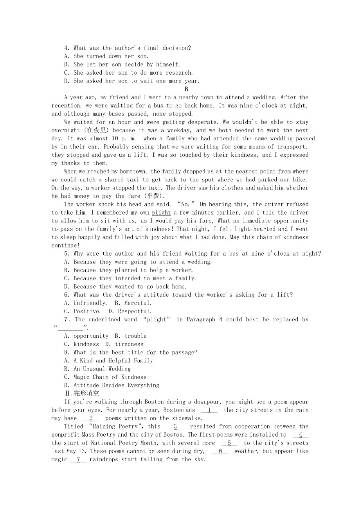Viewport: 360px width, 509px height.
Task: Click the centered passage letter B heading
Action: tap(186, 89)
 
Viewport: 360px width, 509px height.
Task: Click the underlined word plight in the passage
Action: tap(161, 213)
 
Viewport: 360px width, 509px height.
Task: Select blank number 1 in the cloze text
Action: tap(209, 410)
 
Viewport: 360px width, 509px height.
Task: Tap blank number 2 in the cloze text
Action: tap(91, 418)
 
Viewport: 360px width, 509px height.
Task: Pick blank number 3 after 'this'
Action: tap(175, 427)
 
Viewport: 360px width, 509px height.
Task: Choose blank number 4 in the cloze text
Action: tap(300, 435)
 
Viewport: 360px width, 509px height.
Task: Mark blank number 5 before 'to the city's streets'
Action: tap(229, 443)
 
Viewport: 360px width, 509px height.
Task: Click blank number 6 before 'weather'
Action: tap(220, 451)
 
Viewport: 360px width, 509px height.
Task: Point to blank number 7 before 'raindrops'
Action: tap(78, 459)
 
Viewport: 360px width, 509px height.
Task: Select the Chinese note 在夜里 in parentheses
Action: tap(96, 130)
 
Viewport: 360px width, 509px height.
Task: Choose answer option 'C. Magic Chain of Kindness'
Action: tap(105, 377)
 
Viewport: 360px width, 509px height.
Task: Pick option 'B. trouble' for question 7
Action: tap(131, 336)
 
